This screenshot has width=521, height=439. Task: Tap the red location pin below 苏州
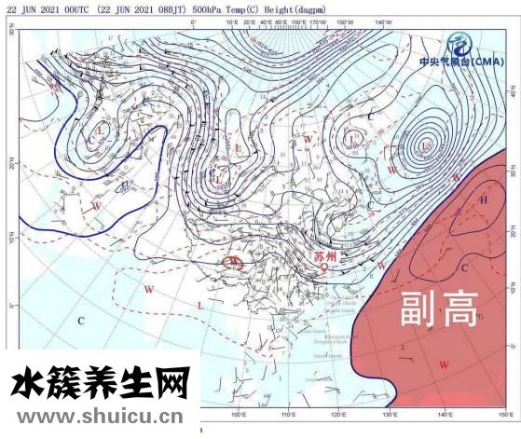(x=324, y=268)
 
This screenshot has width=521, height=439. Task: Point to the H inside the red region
(x=483, y=200)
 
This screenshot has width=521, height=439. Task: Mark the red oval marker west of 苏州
(x=233, y=263)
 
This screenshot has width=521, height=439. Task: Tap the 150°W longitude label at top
(x=345, y=21)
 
